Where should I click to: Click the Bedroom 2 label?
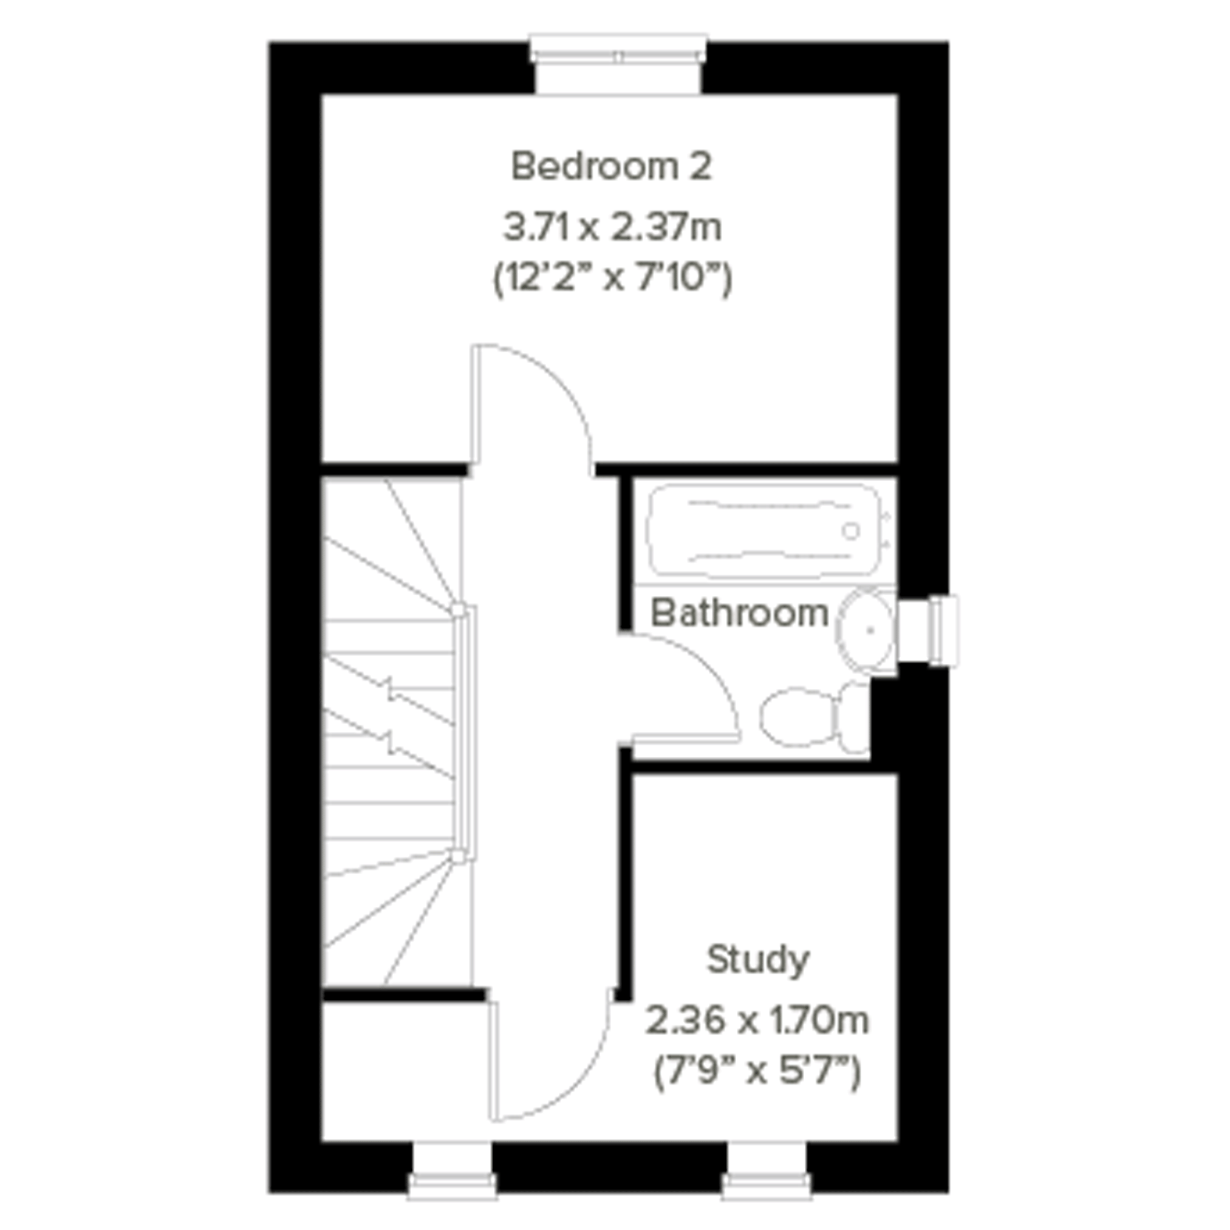(x=611, y=167)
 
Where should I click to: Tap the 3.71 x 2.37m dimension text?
(x=612, y=227)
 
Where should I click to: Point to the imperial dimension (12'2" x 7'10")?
(x=612, y=279)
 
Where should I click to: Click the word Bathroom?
(x=739, y=613)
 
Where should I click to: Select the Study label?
(x=757, y=960)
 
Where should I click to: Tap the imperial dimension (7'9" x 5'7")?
(x=757, y=1072)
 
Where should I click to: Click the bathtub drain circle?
(x=851, y=530)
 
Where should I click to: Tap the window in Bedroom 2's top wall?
(x=618, y=64)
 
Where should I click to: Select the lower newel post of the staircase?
(x=458, y=856)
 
